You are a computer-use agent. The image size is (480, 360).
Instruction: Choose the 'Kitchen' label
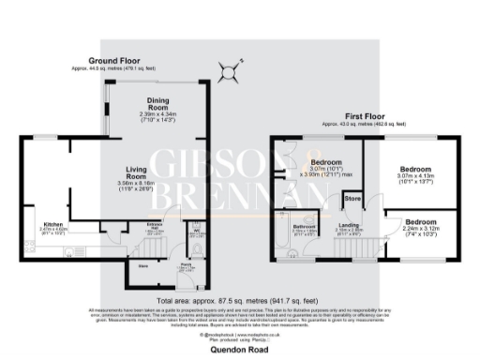pyautogui.click(x=52, y=224)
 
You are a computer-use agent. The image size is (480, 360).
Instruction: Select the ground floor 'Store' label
pyautogui.click(x=143, y=266)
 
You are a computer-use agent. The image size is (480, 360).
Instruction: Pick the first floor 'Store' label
pyautogui.click(x=352, y=199)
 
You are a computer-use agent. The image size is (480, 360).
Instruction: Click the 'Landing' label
pyautogui.click(x=350, y=226)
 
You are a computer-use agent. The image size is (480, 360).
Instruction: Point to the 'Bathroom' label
pyautogui.click(x=304, y=226)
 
